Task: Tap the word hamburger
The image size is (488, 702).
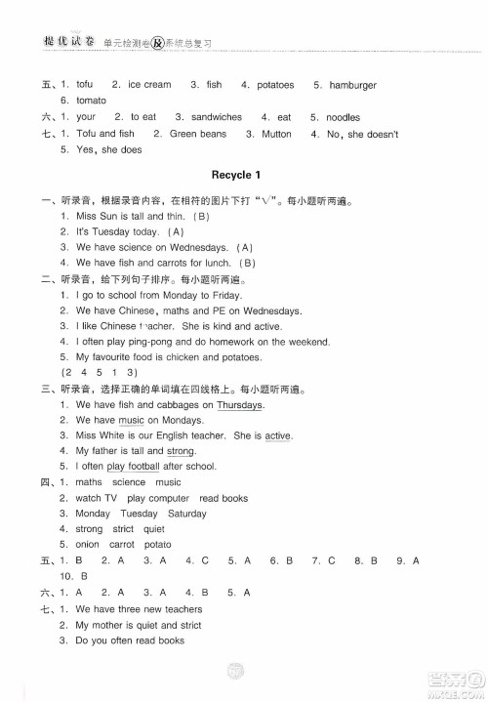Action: click(352, 85)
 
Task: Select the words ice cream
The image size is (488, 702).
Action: click(149, 85)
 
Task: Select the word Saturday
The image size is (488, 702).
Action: click(186, 514)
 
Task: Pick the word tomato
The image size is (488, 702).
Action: click(91, 101)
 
